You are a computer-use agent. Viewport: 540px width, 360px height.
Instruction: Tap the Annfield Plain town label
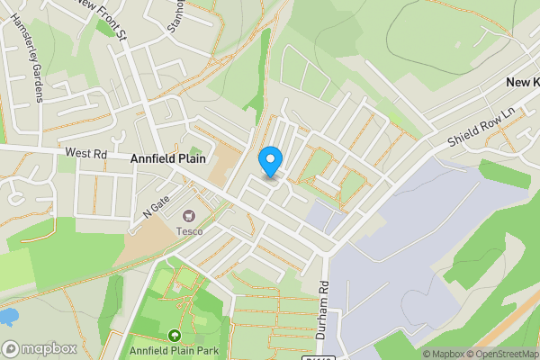168,158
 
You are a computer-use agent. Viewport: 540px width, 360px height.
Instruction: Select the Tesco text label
189,231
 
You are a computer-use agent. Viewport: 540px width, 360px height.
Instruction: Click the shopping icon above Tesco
189,216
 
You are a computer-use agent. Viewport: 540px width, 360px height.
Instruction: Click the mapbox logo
39,348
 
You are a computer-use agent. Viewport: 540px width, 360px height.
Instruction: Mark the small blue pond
7,316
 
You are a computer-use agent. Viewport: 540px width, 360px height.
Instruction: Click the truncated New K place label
522,83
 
